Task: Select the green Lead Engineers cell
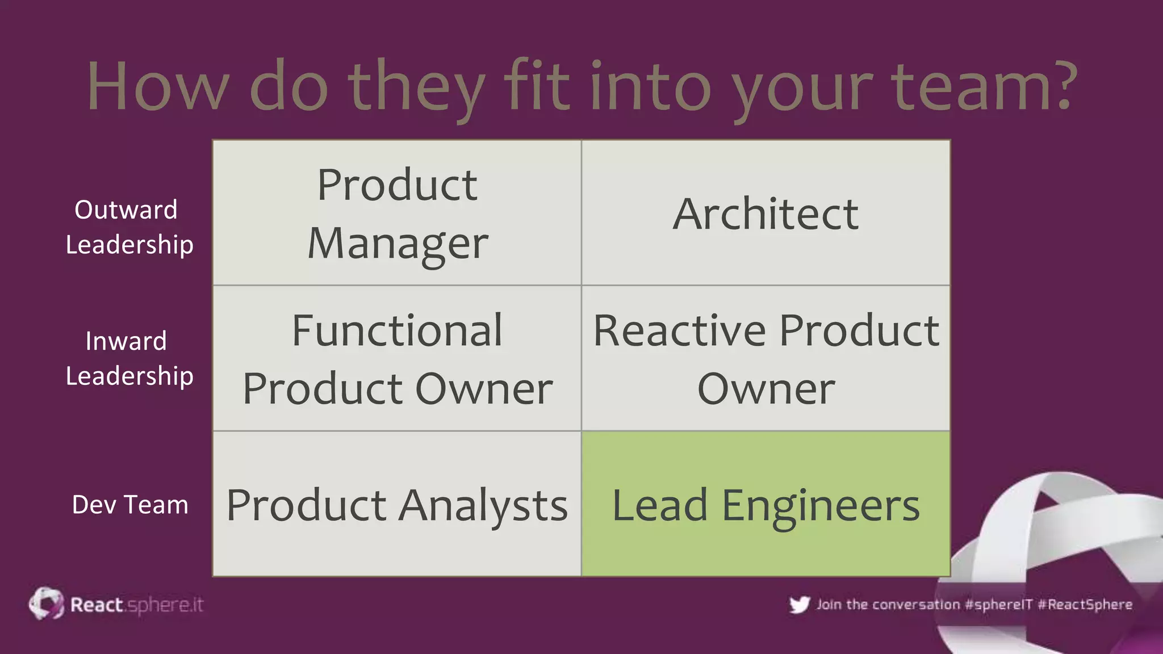765,504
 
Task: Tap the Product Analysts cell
397,504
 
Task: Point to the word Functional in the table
397,330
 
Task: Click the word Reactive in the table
680,330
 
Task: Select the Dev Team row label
130,504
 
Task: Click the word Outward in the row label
126,209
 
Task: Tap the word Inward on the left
126,341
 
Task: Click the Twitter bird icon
799,605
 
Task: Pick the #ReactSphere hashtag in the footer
1085,605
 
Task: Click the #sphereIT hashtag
998,605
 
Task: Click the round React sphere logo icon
47,603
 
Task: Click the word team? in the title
984,86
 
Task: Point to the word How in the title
158,86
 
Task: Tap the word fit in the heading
536,86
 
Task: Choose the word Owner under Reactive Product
765,389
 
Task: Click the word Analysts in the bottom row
483,505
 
